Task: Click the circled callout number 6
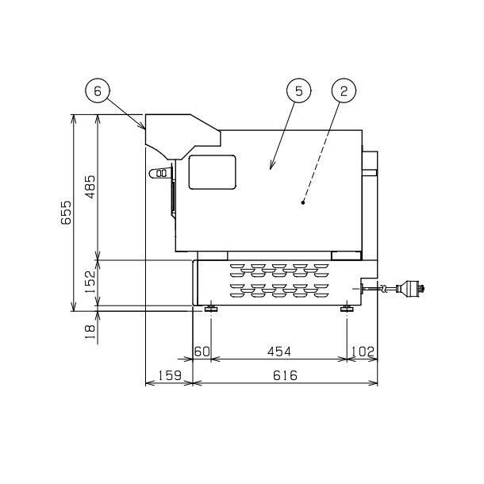click(97, 91)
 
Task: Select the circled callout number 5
click(298, 91)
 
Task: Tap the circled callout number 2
click(344, 91)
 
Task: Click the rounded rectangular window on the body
click(212, 171)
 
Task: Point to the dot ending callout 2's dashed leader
click(304, 203)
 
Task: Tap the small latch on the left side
click(161, 172)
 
